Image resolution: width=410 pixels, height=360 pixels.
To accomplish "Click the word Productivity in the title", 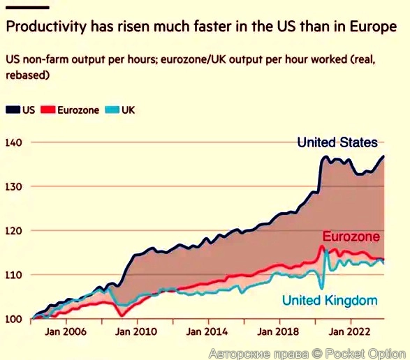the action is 46,27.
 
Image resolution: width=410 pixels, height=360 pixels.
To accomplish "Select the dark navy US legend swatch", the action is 13,110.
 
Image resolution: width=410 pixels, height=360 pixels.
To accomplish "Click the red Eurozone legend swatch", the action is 48,110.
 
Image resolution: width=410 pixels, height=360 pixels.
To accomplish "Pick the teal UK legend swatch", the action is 112,110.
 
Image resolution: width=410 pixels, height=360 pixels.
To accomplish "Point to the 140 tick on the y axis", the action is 13,142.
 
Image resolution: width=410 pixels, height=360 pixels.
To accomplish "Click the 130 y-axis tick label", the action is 13,187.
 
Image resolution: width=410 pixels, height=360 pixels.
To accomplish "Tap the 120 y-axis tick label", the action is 13,231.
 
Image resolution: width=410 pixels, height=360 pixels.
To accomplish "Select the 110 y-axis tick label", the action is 13,275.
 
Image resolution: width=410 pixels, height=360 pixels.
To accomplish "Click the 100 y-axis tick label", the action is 13,320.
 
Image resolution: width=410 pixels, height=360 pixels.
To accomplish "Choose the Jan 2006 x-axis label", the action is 66,332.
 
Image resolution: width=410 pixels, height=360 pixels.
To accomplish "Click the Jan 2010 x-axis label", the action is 136,332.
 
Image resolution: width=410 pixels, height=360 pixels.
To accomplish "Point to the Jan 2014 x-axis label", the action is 207,332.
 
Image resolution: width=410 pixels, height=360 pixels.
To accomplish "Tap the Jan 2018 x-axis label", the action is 278,332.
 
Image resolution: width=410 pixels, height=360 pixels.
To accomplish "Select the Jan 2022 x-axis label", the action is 349,332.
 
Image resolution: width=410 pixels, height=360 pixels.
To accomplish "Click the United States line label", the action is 337,142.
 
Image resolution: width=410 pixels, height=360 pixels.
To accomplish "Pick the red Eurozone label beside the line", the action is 351,237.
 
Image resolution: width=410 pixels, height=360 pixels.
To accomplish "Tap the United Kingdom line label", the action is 330,300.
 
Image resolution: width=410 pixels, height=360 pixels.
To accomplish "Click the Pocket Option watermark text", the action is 365,354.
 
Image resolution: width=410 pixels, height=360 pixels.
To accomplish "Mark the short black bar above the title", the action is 27,8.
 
